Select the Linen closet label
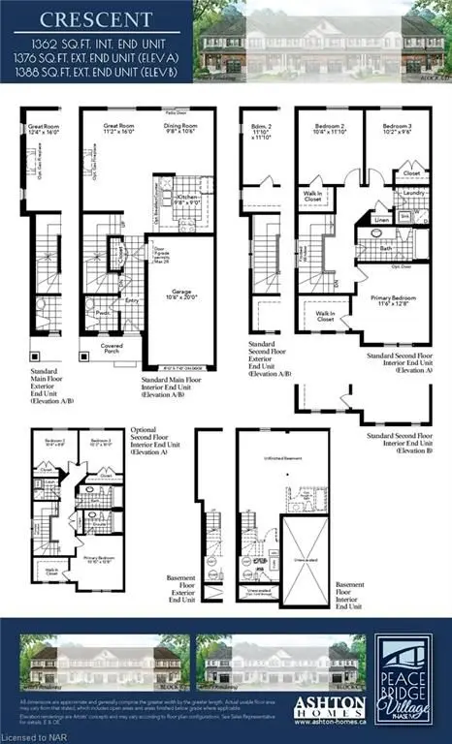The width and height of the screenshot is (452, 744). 381,221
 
